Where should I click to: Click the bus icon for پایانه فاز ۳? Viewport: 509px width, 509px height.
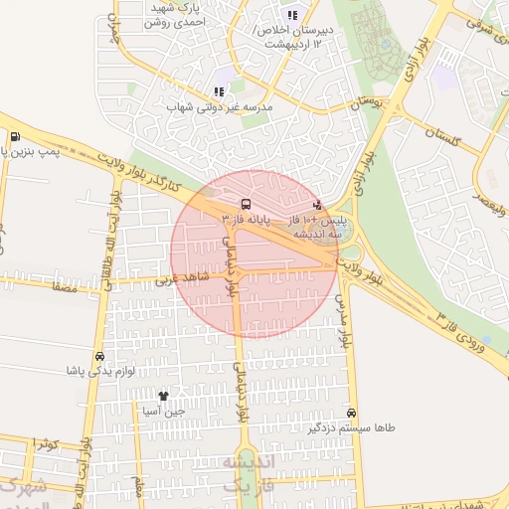[x=244, y=202]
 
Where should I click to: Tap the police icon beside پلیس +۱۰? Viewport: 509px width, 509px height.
[x=317, y=205]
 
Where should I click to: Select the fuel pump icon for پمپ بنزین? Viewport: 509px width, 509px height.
[x=14, y=137]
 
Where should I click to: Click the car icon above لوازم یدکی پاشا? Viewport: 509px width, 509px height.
[x=99, y=356]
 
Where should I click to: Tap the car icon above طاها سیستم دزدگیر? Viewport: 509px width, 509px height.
[x=351, y=413]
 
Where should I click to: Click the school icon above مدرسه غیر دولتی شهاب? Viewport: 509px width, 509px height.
[x=219, y=91]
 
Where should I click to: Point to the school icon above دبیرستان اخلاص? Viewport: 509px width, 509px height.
[x=291, y=15]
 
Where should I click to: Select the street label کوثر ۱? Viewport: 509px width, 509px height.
[x=44, y=442]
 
